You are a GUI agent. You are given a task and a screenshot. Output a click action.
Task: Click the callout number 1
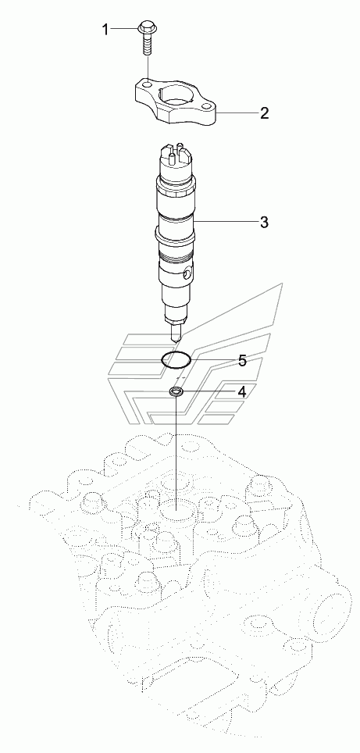pyautogui.click(x=105, y=30)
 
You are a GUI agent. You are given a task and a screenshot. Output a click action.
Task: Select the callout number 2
pyautogui.click(x=265, y=113)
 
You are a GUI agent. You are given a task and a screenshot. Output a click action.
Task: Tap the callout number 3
pyautogui.click(x=264, y=223)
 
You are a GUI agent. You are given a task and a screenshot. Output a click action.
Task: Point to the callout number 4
pyautogui.click(x=242, y=392)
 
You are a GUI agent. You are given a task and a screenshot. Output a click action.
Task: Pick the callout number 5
pyautogui.click(x=242, y=360)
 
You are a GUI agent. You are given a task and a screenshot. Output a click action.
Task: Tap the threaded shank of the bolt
pyautogui.click(x=145, y=45)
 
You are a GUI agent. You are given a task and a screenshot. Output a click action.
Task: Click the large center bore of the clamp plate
pyautogui.click(x=180, y=98)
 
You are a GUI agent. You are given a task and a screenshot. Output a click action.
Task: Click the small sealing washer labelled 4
pyautogui.click(x=176, y=392)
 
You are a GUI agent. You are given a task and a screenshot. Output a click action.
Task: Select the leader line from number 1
pyautogui.click(x=124, y=30)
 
